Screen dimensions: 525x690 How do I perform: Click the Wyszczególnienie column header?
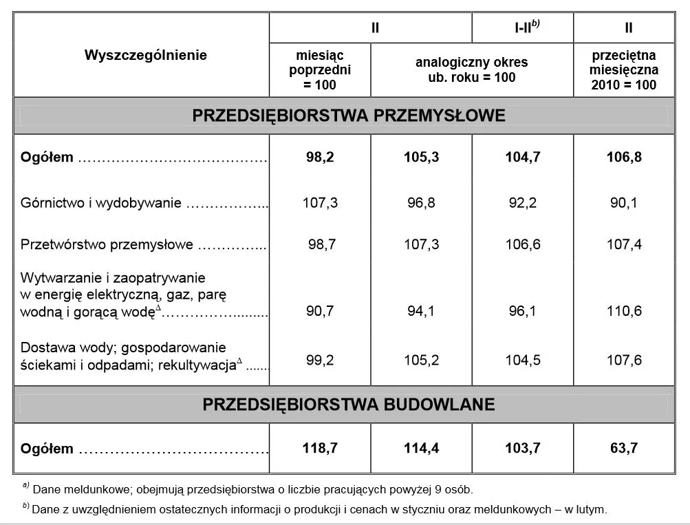(145, 55)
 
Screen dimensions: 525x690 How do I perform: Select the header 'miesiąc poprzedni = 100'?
(320, 69)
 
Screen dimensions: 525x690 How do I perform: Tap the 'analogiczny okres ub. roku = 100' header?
(471, 69)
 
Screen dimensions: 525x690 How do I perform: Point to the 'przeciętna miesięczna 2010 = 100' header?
(624, 70)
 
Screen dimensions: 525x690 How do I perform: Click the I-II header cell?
(523, 28)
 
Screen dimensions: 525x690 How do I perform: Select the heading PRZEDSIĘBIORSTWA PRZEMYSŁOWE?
(349, 115)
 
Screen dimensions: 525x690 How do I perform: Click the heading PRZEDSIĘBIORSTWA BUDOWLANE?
(348, 404)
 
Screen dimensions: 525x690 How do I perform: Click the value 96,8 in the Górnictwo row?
(421, 203)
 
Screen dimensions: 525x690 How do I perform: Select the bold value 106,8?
(625, 158)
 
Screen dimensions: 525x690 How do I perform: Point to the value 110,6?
(625, 311)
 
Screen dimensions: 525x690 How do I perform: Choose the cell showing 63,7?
(625, 449)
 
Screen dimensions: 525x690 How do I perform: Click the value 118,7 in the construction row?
(320, 449)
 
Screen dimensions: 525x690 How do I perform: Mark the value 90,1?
(625, 203)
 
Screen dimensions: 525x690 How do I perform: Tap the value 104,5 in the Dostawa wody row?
(523, 360)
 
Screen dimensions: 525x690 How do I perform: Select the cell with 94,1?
(421, 311)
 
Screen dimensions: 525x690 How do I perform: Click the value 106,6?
(523, 244)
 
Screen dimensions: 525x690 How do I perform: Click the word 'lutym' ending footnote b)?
(592, 510)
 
